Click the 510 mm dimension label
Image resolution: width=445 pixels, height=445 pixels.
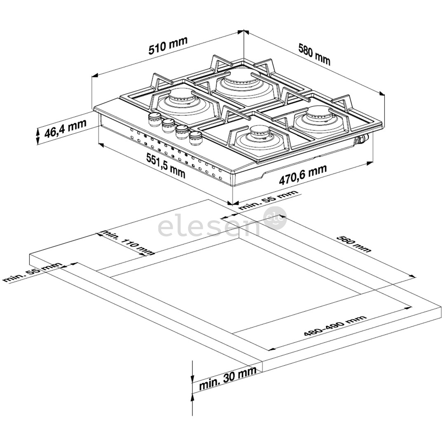point(168,46)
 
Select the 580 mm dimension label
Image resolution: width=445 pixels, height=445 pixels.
point(314,54)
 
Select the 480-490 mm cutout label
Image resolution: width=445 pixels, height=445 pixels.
point(335,326)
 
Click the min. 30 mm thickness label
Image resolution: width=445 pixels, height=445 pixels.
point(227,379)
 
